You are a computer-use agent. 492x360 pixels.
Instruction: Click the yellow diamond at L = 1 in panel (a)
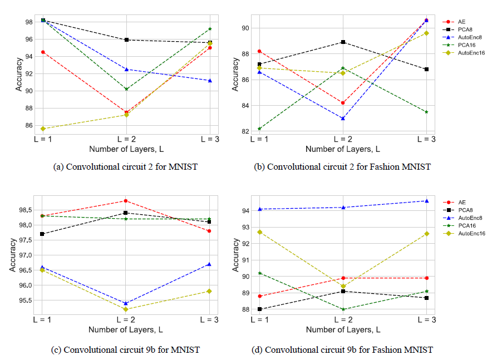click(43, 129)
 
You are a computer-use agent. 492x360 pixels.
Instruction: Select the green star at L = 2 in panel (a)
click(126, 89)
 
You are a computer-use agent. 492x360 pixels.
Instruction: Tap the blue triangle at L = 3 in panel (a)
click(210, 80)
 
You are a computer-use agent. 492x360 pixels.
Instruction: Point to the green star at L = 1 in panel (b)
click(259, 129)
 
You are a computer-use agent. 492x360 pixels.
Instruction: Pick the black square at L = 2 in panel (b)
click(343, 42)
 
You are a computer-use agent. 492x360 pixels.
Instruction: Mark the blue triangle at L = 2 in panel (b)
click(343, 118)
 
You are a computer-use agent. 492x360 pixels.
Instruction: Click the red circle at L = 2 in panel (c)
click(126, 200)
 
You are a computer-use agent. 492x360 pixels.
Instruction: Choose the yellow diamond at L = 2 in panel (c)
click(126, 309)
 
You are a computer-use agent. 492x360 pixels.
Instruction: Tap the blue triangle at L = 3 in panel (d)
click(426, 201)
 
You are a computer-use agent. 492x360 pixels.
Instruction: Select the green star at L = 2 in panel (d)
click(343, 309)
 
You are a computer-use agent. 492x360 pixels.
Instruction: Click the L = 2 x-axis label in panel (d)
click(343, 320)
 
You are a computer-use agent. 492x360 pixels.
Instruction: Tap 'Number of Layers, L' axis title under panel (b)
click(343, 149)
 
